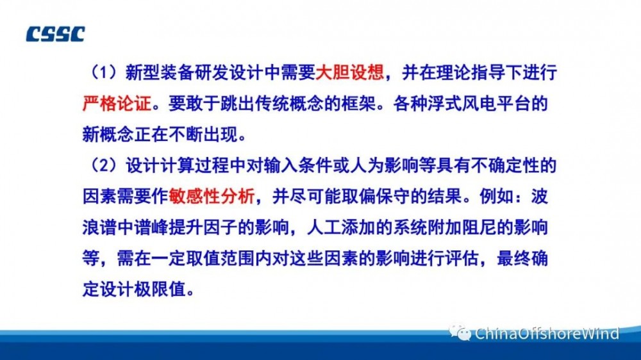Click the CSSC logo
pyautogui.click(x=55, y=35)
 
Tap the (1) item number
pyautogui.click(x=104, y=72)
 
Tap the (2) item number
pyautogui.click(x=104, y=165)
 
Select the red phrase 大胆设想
pyautogui.click(x=350, y=72)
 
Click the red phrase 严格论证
pyautogui.click(x=117, y=103)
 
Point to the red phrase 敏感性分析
pyautogui.click(x=212, y=197)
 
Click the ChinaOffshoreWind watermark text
pyautogui.click(x=547, y=334)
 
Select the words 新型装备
pyautogui.click(x=160, y=72)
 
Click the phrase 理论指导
pyautogui.click(x=471, y=72)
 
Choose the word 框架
pyautogui.click(x=358, y=103)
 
